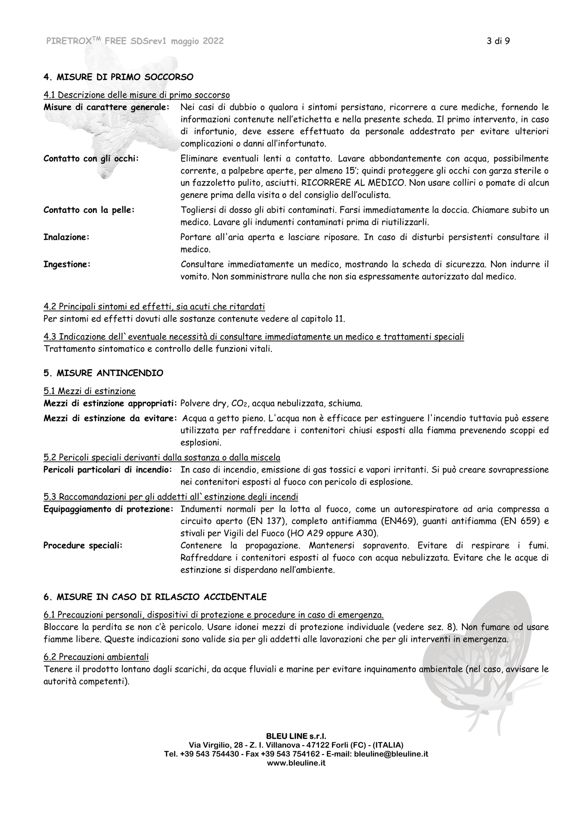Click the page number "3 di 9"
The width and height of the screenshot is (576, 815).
tap(498, 41)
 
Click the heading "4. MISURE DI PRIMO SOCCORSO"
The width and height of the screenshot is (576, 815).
tap(118, 77)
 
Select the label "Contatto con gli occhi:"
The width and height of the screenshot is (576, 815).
tap(91, 159)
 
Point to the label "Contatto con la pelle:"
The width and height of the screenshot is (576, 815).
tap(89, 210)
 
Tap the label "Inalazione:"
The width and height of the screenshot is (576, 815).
tap(66, 237)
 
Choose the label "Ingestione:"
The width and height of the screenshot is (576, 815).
tap(67, 264)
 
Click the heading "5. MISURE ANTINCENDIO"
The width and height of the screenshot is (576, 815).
tap(103, 373)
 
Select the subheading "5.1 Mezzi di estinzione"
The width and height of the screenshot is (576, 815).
tap(90, 391)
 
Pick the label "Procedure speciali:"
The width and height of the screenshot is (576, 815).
tap(83, 546)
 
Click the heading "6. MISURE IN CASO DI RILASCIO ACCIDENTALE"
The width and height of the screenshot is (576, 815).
tap(155, 597)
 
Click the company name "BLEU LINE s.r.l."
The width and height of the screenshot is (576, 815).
tap(296, 736)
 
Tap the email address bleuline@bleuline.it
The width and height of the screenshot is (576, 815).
tap(391, 754)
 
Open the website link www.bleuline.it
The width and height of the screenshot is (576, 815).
tap(296, 763)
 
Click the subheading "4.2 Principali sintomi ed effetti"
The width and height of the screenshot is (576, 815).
tap(154, 306)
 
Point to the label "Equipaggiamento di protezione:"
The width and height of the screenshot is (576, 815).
tap(108, 509)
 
